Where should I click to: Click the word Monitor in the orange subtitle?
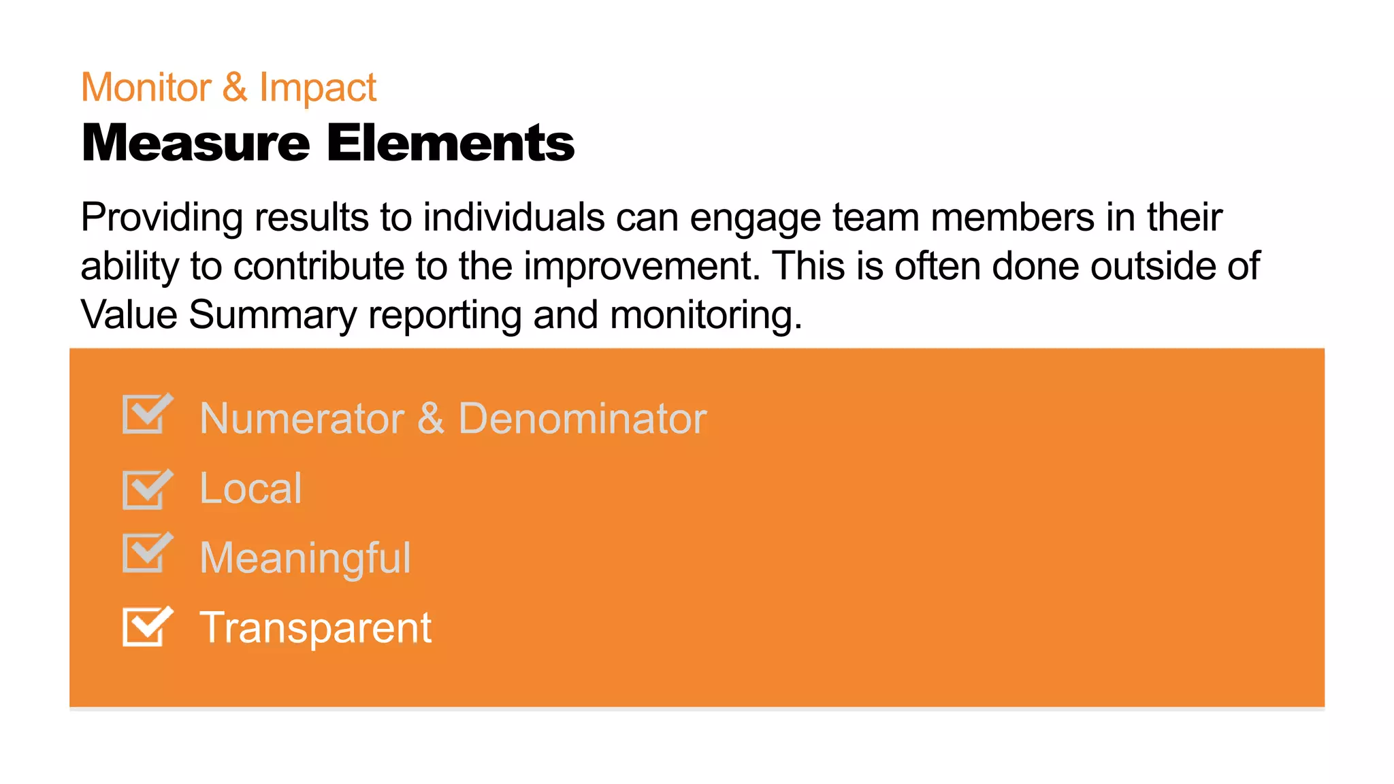click(146, 88)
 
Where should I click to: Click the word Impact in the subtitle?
click(317, 88)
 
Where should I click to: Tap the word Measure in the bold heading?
click(195, 143)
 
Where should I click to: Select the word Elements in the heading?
click(451, 143)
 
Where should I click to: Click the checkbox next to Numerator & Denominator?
click(145, 414)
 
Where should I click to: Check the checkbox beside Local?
click(145, 489)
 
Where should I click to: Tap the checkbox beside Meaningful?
click(145, 553)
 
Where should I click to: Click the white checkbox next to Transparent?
click(145, 627)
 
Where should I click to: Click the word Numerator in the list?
click(302, 418)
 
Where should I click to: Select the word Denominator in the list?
click(583, 418)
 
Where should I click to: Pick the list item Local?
click(250, 488)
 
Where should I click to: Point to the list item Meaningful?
click(305, 558)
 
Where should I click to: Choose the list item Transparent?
click(315, 627)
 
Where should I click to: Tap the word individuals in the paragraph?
click(514, 218)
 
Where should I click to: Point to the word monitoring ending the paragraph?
click(705, 315)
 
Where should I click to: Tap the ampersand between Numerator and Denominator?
click(431, 418)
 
